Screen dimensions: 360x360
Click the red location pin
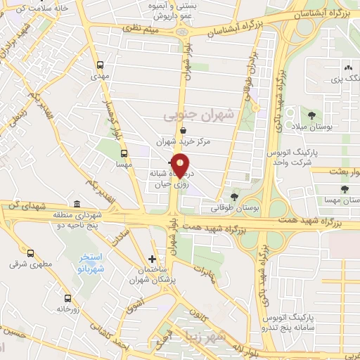pos(180,165)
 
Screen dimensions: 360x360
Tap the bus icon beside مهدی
pos(99,61)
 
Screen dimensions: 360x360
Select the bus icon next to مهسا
pos(124,153)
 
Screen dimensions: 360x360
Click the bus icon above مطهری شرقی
pos(30,253)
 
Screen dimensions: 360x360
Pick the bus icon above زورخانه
pos(67,298)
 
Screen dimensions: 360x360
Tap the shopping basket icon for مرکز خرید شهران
pos(183,130)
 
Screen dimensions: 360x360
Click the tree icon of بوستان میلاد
pos(311,115)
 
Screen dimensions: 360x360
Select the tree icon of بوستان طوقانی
pos(234,197)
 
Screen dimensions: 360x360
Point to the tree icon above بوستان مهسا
pos(345,188)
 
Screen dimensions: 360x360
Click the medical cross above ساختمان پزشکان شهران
pos(152,259)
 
